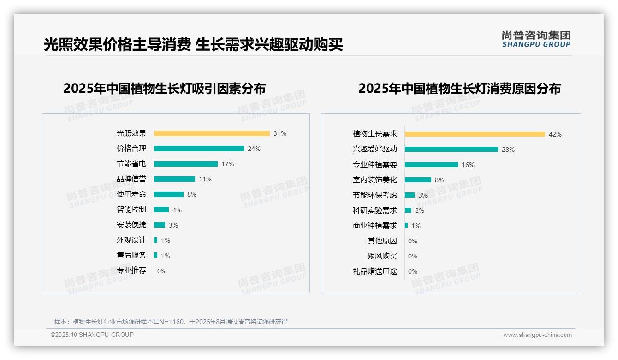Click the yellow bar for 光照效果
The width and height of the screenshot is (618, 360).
(x=212, y=133)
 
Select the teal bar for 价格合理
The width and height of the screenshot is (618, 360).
(x=199, y=149)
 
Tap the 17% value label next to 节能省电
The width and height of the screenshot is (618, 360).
(x=228, y=164)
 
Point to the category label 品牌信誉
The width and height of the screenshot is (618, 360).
(x=131, y=179)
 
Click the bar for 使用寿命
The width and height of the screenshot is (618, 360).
(x=169, y=194)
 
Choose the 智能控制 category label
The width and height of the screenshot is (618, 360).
(x=131, y=210)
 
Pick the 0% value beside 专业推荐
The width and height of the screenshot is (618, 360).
(x=162, y=271)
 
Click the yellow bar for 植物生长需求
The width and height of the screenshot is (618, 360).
(x=475, y=134)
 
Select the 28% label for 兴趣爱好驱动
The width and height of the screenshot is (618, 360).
(x=508, y=150)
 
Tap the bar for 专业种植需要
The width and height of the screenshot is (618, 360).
(x=431, y=165)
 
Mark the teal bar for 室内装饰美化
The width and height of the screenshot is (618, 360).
(x=418, y=180)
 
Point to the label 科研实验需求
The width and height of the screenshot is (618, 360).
(x=374, y=210)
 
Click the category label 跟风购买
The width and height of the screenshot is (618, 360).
(x=382, y=256)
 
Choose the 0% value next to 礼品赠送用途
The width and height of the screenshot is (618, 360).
(x=413, y=271)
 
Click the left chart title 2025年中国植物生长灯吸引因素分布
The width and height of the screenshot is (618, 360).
(x=165, y=88)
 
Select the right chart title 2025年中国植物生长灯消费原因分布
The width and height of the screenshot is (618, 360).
(x=459, y=88)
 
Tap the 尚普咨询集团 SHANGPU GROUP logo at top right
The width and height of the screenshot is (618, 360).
(x=536, y=39)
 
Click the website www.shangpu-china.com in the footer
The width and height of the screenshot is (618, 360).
(x=537, y=335)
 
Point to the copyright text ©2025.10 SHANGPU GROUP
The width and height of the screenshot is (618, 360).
(x=92, y=335)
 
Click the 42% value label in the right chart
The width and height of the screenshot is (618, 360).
(x=555, y=134)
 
